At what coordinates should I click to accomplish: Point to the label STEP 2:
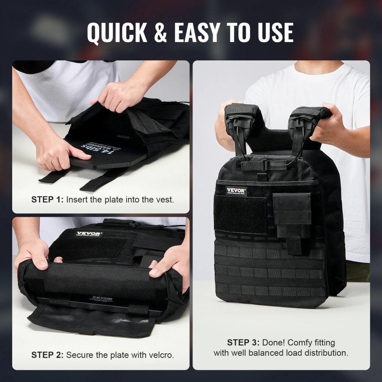[48, 355]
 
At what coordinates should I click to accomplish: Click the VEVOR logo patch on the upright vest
[236, 191]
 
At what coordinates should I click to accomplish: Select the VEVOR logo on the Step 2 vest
[89, 234]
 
